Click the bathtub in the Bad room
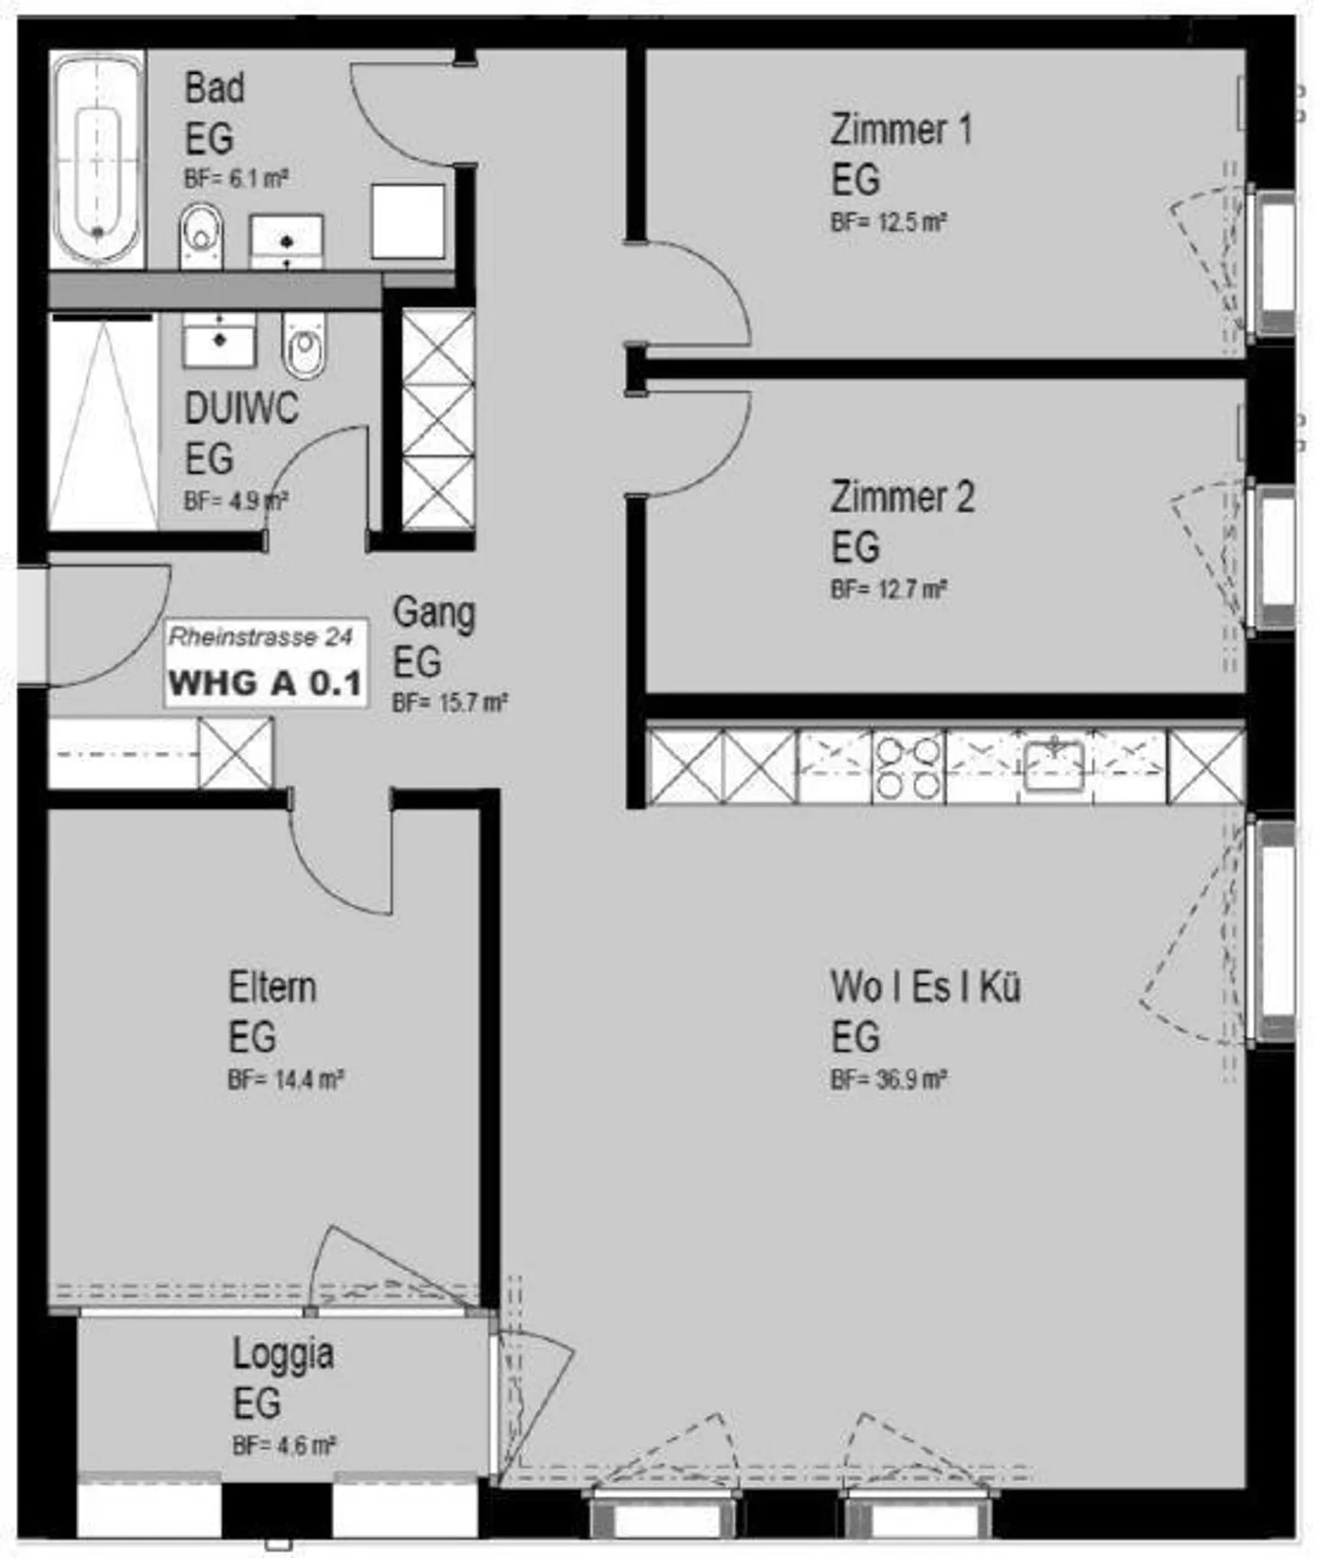point(97,160)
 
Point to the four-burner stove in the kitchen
point(907,768)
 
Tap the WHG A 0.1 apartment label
point(266,683)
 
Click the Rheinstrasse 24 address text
point(260,636)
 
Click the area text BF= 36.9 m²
point(888,1079)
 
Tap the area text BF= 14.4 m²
point(285,1079)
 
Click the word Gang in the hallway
point(434,613)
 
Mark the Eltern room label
point(272,988)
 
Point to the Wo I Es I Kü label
point(925,988)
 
